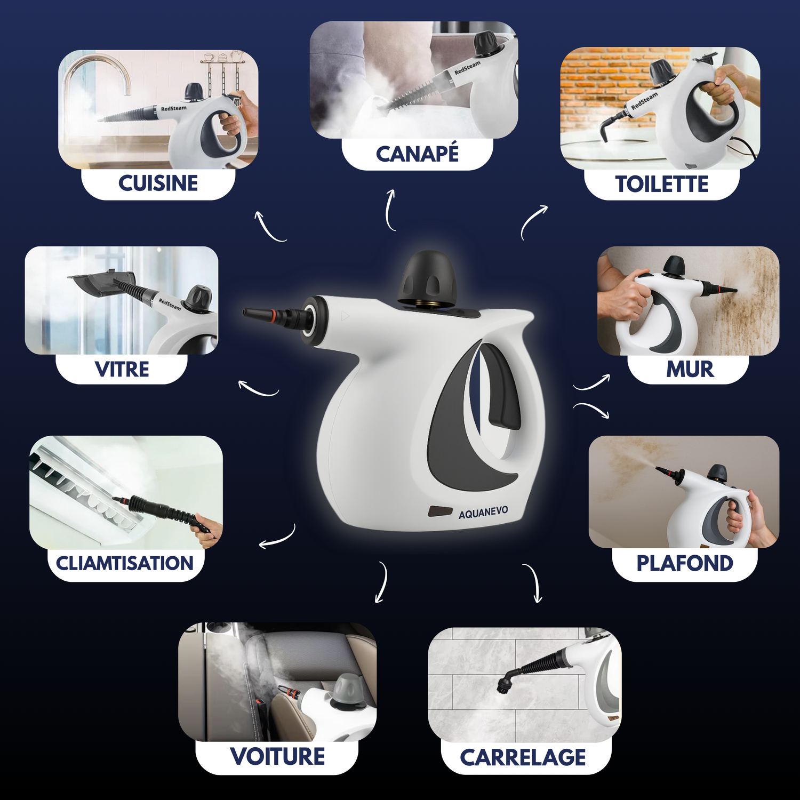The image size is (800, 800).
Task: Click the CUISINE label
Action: [158, 183]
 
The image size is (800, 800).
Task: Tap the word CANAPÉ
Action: [417, 154]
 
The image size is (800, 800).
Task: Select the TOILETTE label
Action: [662, 185]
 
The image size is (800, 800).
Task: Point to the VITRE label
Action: [122, 369]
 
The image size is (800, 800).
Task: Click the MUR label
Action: [690, 369]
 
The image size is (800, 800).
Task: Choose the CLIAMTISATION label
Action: [125, 563]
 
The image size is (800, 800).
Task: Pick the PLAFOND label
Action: [685, 563]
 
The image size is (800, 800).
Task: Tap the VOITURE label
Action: [277, 756]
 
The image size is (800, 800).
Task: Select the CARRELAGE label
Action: [523, 757]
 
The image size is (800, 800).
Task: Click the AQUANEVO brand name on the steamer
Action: [483, 513]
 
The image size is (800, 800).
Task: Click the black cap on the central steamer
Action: [428, 278]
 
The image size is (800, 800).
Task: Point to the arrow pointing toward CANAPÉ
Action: [390, 210]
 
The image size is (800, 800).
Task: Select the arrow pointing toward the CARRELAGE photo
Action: [534, 582]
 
